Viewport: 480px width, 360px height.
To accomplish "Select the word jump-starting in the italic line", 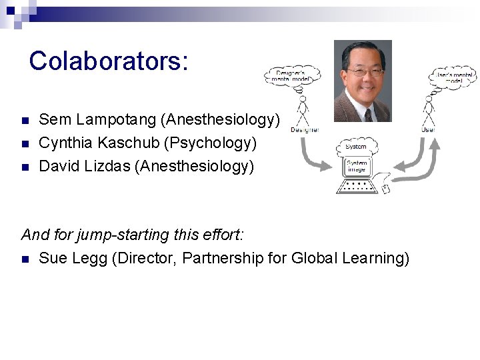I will (x=120, y=235).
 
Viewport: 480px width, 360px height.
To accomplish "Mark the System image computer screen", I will (x=356, y=165).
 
